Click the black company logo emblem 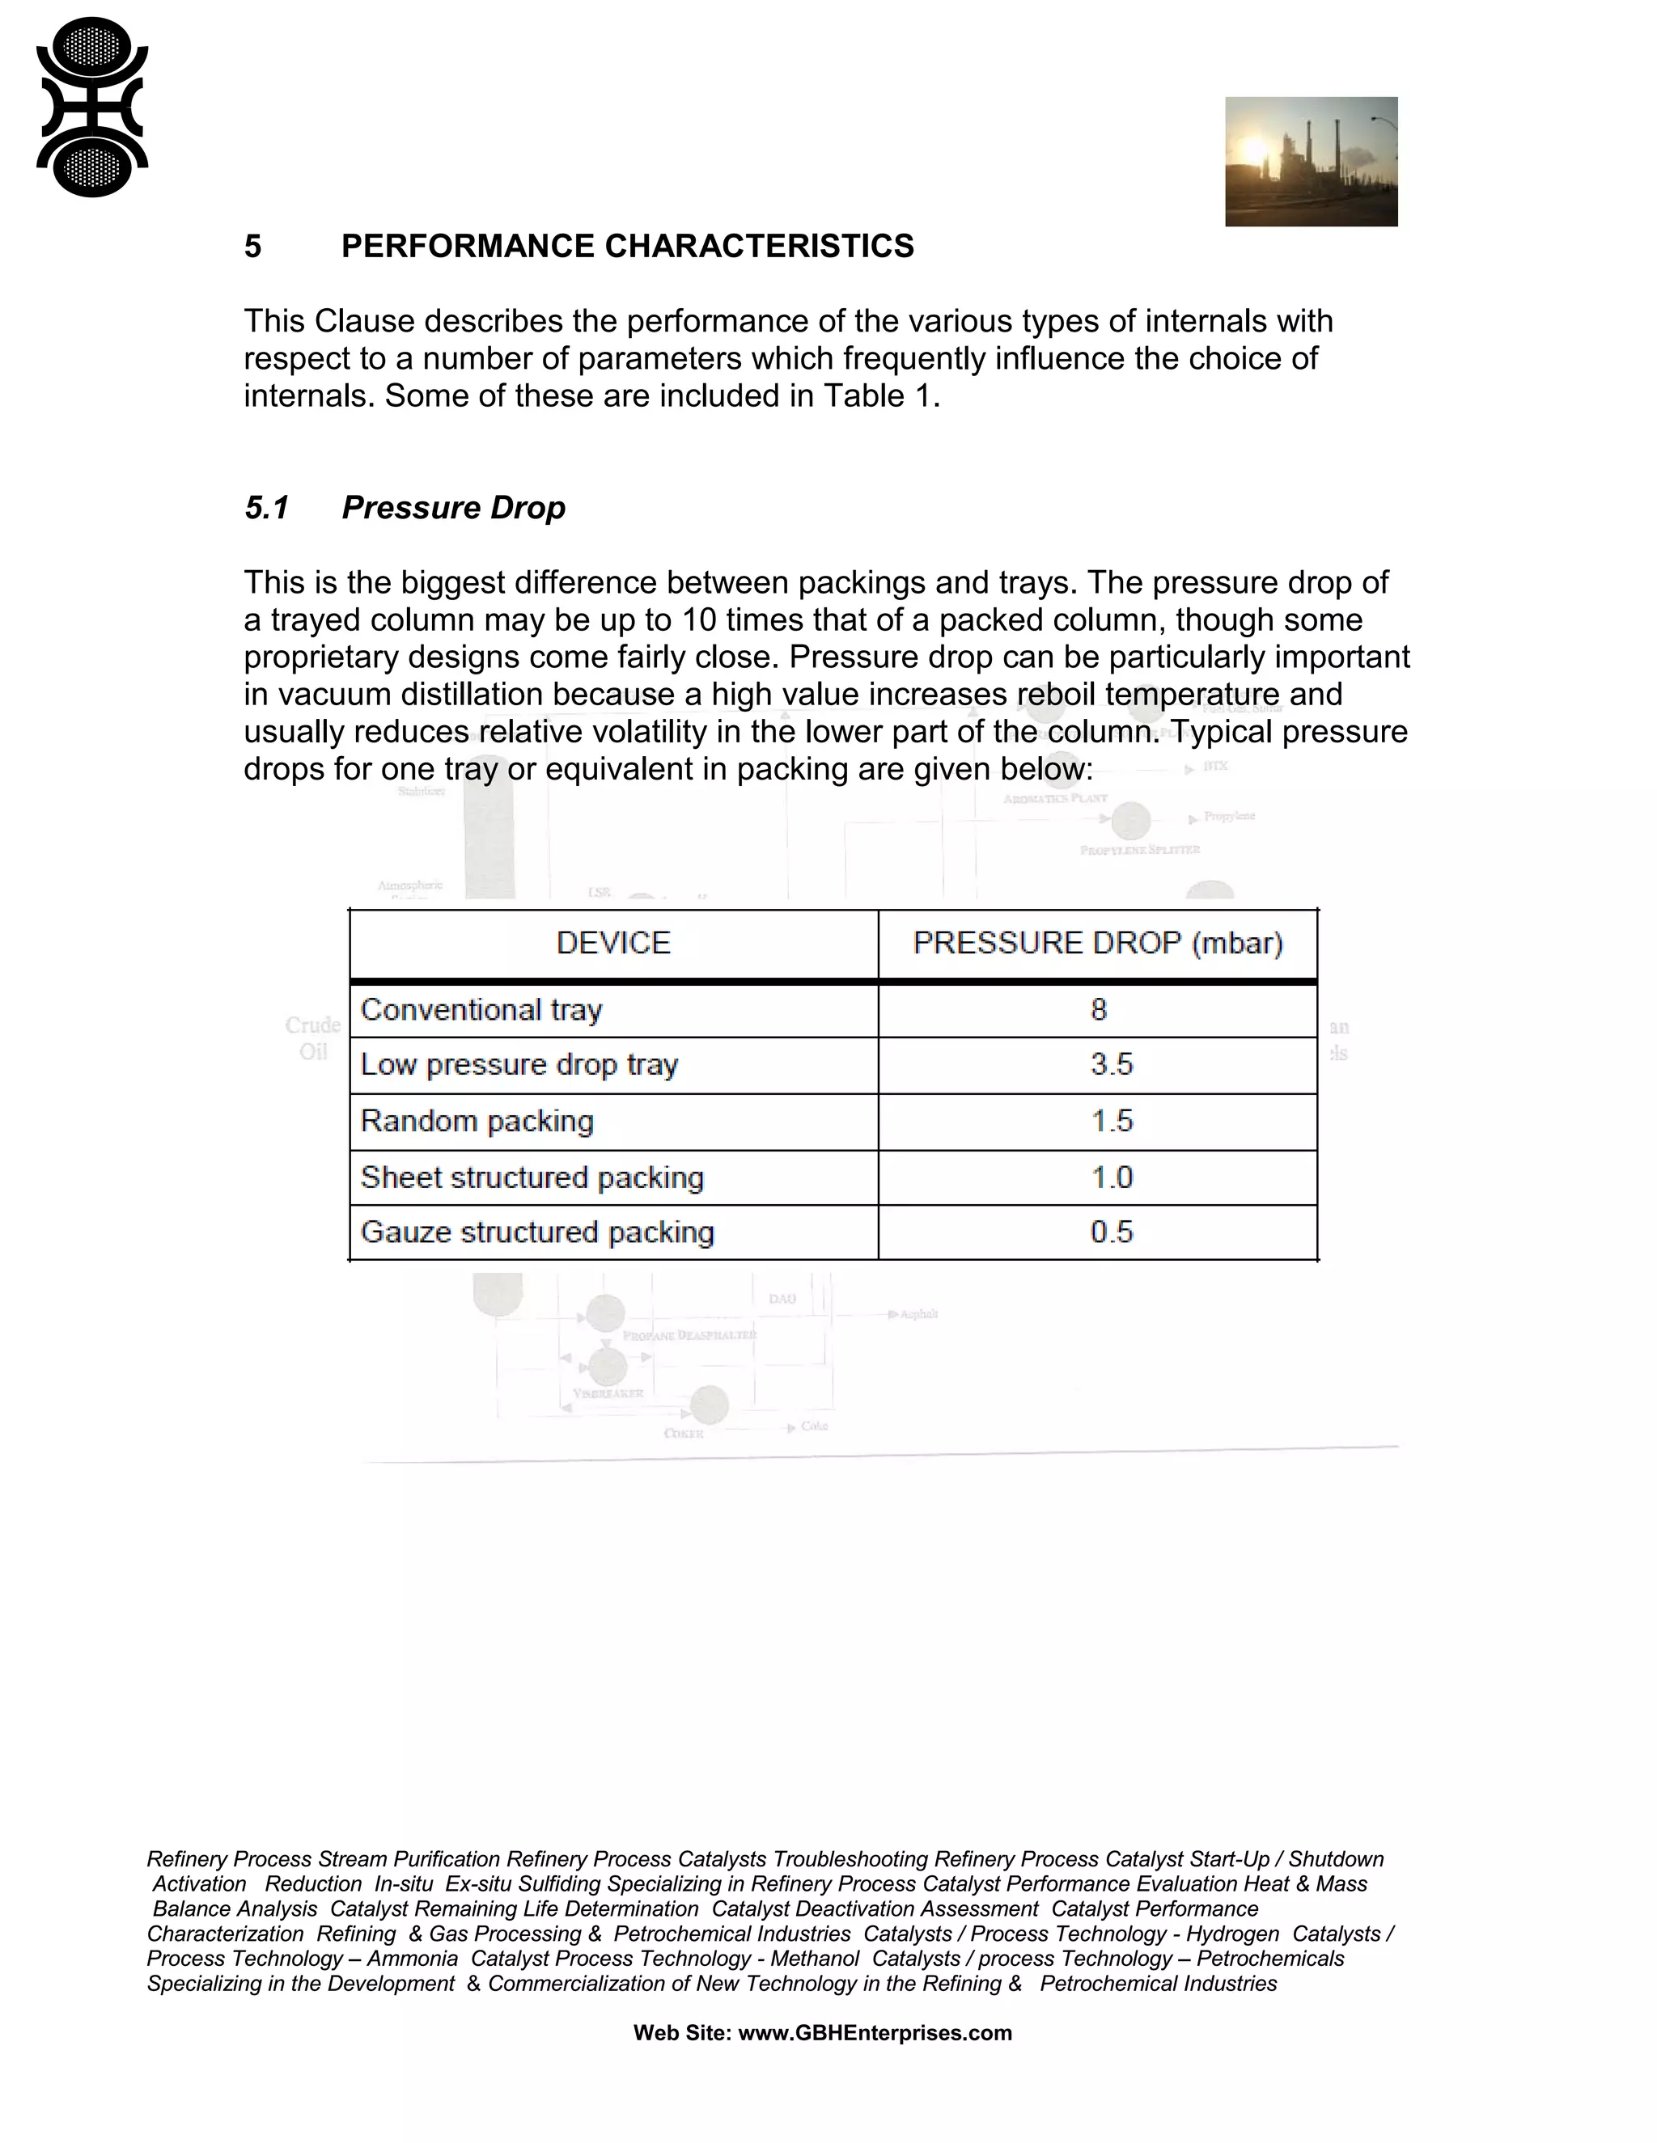point(91,107)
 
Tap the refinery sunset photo point(1311,162)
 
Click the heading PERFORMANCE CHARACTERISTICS point(627,247)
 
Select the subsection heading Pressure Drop point(454,509)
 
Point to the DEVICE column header point(612,943)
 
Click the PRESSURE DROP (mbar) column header point(1097,943)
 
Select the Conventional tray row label point(481,1010)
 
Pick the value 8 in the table point(1099,1010)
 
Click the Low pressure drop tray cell point(519,1065)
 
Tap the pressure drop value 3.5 point(1111,1065)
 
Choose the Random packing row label point(477,1122)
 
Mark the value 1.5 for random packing point(1111,1122)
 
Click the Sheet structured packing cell point(532,1177)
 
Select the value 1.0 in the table point(1111,1177)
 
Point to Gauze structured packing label point(537,1232)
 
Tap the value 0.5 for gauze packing point(1111,1232)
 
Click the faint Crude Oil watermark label point(312,1038)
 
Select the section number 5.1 point(266,509)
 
